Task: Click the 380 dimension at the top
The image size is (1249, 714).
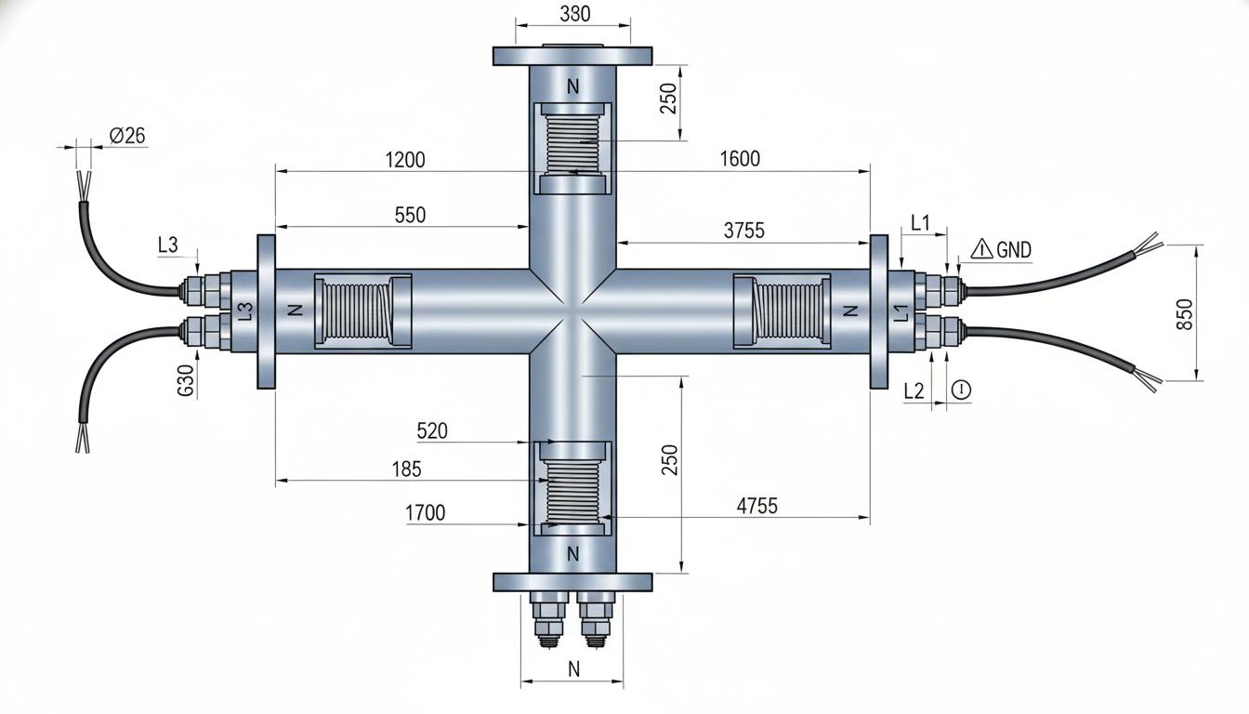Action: coord(575,14)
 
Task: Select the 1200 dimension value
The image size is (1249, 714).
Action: coord(405,160)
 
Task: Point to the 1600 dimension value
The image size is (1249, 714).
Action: coord(740,159)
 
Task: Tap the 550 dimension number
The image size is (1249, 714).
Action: coord(410,216)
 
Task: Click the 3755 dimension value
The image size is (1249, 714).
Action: coord(744,231)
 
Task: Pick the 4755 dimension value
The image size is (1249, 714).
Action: coord(756,506)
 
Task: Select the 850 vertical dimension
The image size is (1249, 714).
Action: coord(1184,314)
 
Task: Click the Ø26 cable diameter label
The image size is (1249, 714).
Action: coord(127,136)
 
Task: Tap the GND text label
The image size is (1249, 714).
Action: coord(1014,250)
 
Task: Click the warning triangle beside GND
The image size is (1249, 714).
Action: coord(982,249)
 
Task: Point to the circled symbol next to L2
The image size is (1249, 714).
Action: coord(961,390)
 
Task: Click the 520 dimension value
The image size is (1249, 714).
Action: coord(432,431)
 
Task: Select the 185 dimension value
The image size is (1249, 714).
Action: coord(406,469)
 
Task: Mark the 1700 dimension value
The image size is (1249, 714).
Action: coord(425,512)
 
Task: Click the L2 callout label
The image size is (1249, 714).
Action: coord(914,391)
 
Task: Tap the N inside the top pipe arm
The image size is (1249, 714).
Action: coord(572,87)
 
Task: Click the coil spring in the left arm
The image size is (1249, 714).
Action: coord(358,311)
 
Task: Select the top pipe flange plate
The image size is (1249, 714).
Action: coord(572,56)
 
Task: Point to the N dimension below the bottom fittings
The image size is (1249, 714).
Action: coord(573,668)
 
